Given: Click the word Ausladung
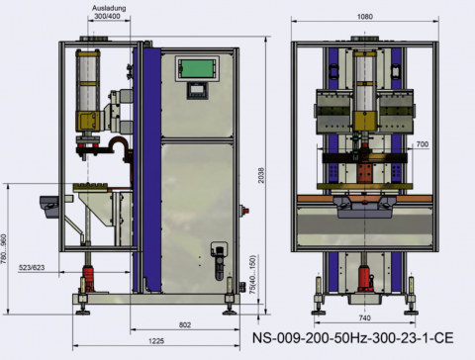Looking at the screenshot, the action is coord(109,8).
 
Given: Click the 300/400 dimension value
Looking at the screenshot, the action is coord(107,16).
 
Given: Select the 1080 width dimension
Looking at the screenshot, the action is coord(365,17).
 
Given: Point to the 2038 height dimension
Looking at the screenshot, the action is coord(261,175).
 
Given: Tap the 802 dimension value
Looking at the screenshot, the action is coord(185,324).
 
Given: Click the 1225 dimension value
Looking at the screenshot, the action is coord(156,341).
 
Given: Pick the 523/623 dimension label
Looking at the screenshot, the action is coord(32,267).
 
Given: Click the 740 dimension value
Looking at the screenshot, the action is coord(364,317).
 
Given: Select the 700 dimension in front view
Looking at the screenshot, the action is coord(423,144).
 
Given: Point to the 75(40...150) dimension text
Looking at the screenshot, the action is coord(252,275).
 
